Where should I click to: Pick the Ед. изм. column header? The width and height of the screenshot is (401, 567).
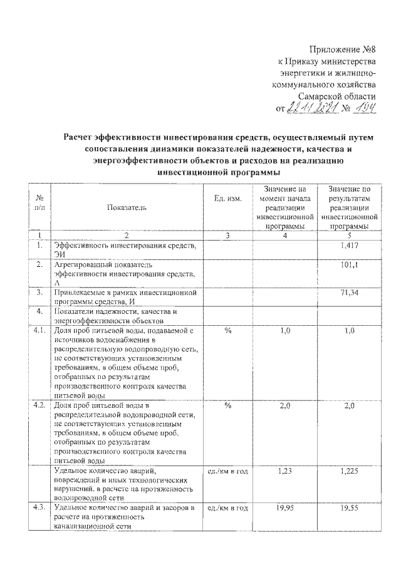click(227, 198)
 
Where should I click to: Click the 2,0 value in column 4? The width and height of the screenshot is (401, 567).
click(285, 406)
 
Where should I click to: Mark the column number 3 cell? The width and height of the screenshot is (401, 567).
click(227, 236)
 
